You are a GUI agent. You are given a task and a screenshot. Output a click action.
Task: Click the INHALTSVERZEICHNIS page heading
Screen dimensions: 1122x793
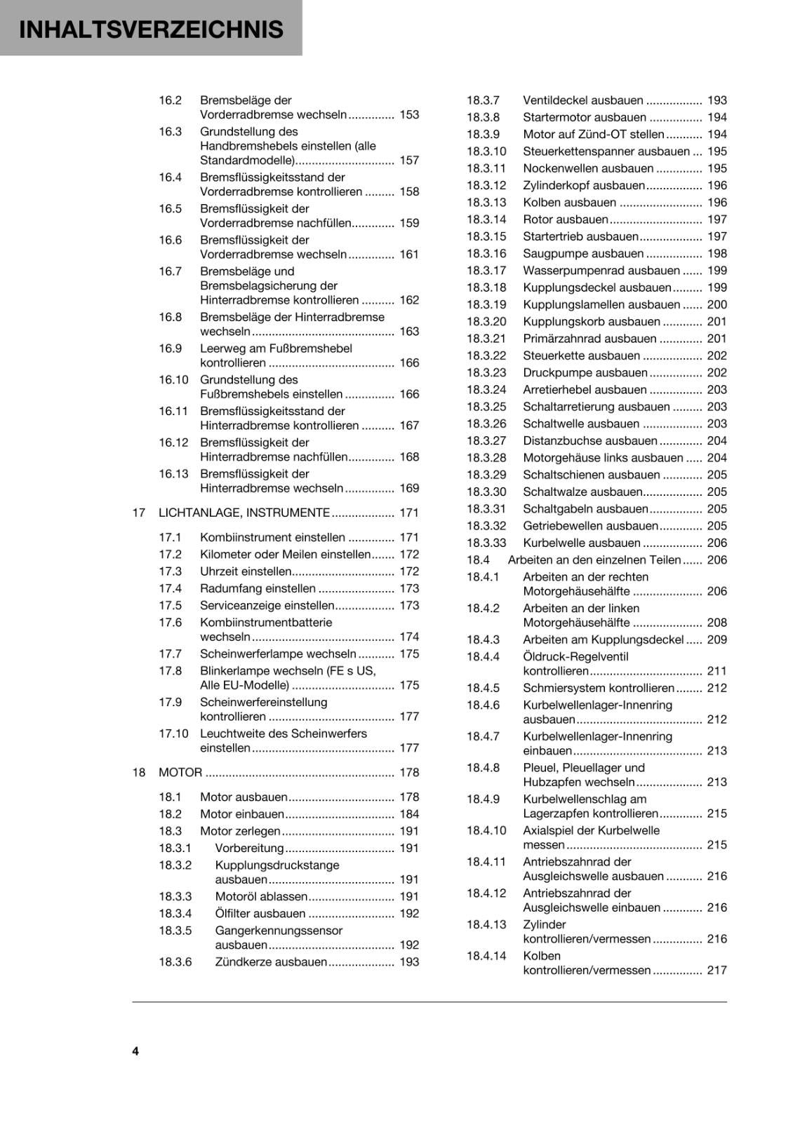(151, 29)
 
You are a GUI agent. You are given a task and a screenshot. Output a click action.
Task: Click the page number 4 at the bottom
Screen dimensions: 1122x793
(135, 1051)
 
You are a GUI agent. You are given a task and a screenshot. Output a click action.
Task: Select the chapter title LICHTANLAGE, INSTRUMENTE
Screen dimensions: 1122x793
(244, 513)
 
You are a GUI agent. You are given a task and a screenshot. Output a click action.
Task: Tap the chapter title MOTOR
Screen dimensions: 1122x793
(180, 772)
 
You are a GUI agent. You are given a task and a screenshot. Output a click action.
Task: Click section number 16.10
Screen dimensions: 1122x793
(173, 380)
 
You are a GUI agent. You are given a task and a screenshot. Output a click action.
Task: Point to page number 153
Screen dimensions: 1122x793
(408, 114)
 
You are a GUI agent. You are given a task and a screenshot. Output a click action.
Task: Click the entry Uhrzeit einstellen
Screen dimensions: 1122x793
(246, 572)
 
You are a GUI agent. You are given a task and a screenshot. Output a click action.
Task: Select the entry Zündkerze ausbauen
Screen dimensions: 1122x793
(271, 962)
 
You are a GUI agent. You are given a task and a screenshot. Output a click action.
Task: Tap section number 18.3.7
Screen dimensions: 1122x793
(483, 100)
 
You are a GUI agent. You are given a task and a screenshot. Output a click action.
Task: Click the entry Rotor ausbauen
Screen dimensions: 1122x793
(565, 219)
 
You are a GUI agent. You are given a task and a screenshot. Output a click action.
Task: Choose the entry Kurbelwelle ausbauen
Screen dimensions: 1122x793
(581, 543)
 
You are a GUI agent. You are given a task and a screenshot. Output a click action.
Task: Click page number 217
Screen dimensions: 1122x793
(717, 971)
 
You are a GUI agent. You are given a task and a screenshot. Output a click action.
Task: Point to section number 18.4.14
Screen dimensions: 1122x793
(486, 956)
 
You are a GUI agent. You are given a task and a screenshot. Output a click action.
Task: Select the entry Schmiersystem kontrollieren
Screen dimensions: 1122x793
(598, 688)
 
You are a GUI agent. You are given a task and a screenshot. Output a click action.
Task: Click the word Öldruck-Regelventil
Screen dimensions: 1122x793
(575, 657)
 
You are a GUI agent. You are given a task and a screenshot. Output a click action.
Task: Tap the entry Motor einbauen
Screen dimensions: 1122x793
(241, 814)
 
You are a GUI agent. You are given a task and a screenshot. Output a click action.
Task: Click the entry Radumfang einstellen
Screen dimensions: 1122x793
(258, 588)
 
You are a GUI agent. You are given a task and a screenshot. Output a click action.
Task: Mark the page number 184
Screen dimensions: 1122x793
(408, 814)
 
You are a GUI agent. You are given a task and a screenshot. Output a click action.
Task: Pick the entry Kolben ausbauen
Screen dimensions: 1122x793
(569, 203)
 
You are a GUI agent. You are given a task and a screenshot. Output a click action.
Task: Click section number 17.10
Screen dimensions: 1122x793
(173, 734)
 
